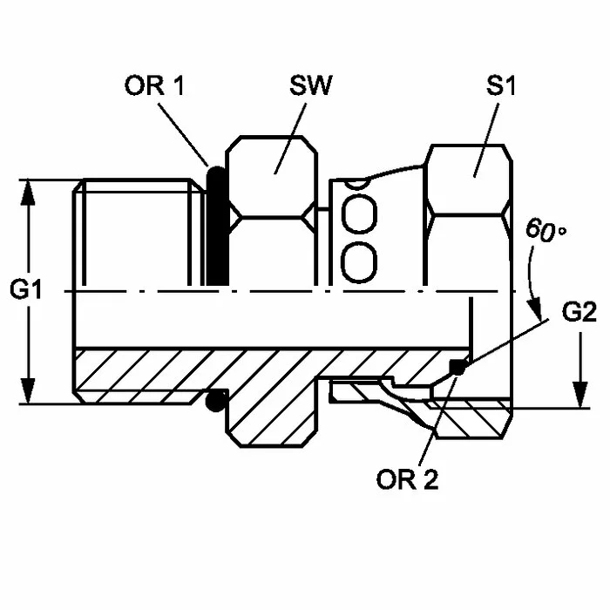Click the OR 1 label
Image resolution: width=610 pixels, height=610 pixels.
pos(154,85)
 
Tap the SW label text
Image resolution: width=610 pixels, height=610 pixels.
pos(311,85)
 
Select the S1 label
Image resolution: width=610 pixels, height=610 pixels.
pos(500,85)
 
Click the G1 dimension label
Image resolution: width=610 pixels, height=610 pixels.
pos(25,289)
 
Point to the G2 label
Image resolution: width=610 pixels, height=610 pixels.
pos(579,311)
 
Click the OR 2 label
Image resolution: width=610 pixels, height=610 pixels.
pos(407,479)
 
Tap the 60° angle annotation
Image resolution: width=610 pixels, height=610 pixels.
pos(546,230)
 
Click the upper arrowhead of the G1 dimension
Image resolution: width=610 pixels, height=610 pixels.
pos(28,193)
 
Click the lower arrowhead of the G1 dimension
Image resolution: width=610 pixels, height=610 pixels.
pos(28,391)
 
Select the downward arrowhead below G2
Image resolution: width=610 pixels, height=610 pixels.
pos(580,395)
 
